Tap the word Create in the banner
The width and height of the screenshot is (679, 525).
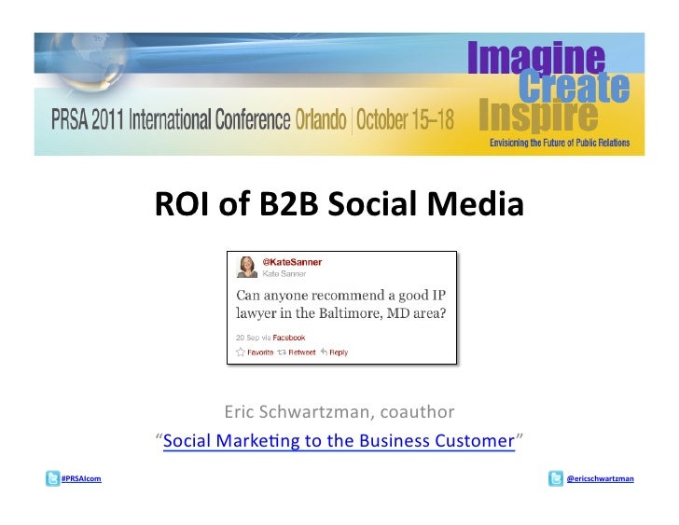574,89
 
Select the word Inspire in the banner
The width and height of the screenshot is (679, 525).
538,117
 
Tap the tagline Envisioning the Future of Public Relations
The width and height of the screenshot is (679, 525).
560,143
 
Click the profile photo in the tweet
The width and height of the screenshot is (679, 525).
247,268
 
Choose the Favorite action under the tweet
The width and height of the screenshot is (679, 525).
256,352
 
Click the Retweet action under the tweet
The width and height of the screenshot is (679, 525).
298,352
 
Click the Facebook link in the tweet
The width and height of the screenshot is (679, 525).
288,337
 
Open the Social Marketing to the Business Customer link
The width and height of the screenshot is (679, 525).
339,440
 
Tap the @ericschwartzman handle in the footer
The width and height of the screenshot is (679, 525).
601,479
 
